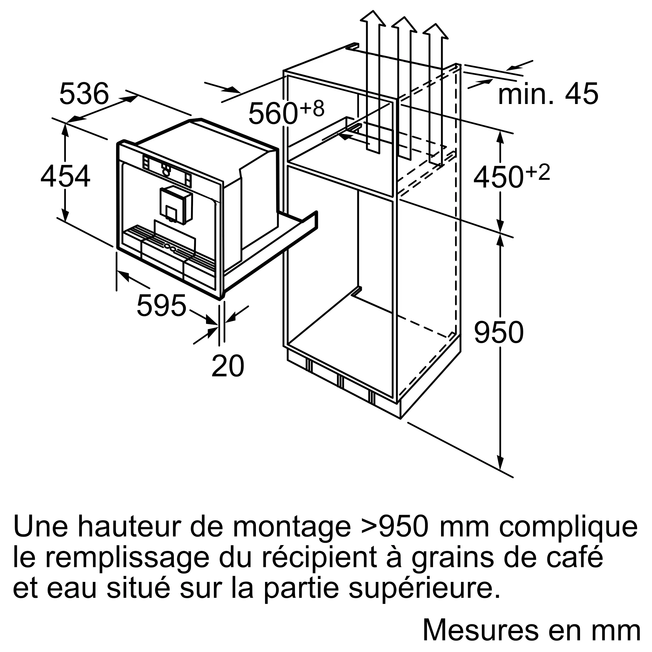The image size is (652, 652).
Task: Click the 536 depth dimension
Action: coord(84,94)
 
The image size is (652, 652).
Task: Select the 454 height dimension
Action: coord(65,176)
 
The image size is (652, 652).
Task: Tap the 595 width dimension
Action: coord(161,306)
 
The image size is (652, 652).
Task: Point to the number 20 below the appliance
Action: coord(228,366)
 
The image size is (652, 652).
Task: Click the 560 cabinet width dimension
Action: coord(273,113)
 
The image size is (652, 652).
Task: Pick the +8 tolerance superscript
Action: coord(312,108)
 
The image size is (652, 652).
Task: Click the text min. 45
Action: coord(548,94)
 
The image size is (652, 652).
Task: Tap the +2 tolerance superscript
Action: coord(538,172)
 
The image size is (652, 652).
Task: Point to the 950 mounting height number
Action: coord(499,333)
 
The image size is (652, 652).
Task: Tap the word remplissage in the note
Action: coord(127,558)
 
